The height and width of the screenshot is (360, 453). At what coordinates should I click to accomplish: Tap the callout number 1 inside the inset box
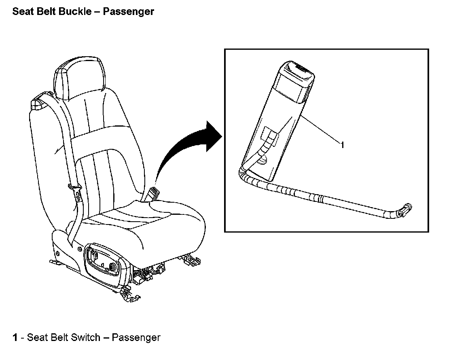342,144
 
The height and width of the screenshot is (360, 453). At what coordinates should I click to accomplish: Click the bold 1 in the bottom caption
15,337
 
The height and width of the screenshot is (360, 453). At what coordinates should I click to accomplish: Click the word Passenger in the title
128,11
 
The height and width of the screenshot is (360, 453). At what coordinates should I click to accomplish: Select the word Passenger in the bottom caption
136,337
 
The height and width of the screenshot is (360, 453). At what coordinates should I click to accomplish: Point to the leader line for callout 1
322,129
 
